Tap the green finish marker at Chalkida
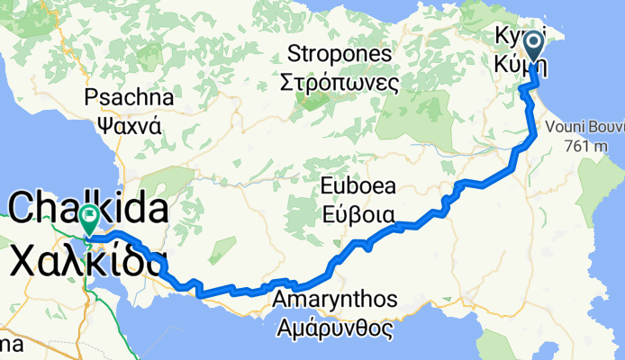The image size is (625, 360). pos(90,216)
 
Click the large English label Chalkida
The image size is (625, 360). pos(88,211)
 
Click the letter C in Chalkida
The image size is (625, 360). pos(23,211)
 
